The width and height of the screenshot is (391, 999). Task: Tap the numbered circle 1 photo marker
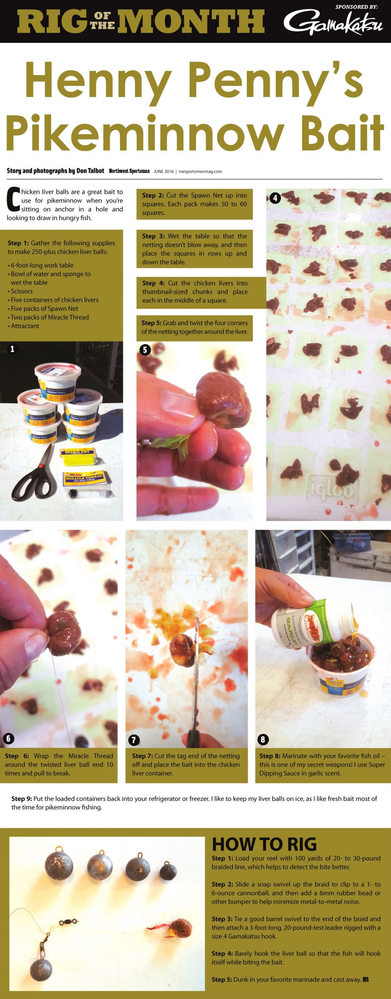click(x=12, y=349)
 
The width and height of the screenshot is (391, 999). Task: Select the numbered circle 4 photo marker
click(x=275, y=198)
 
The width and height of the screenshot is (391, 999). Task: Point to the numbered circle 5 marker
click(x=145, y=350)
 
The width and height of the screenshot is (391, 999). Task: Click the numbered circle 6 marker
click(x=8, y=738)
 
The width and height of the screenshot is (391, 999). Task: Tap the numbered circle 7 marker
click(x=133, y=740)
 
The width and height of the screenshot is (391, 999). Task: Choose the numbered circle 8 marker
click(x=263, y=739)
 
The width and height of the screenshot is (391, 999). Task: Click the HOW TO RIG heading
click(x=264, y=844)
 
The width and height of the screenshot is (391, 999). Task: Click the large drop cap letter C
click(x=13, y=199)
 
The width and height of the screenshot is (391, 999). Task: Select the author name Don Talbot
click(x=90, y=171)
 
